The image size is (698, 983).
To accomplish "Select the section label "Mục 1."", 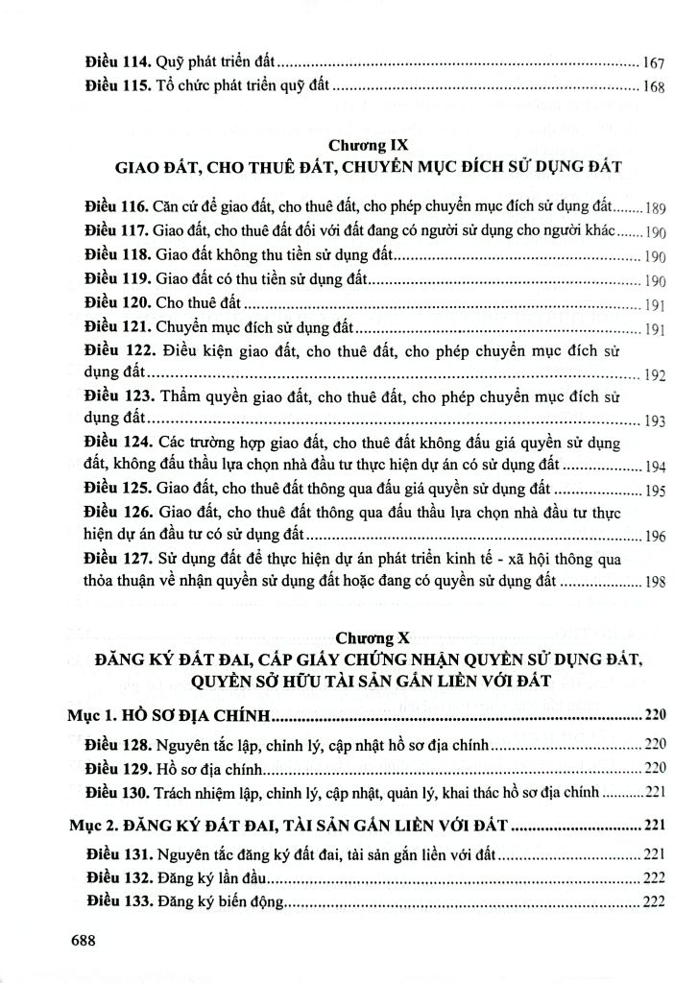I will pyautogui.click(x=98, y=716).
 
